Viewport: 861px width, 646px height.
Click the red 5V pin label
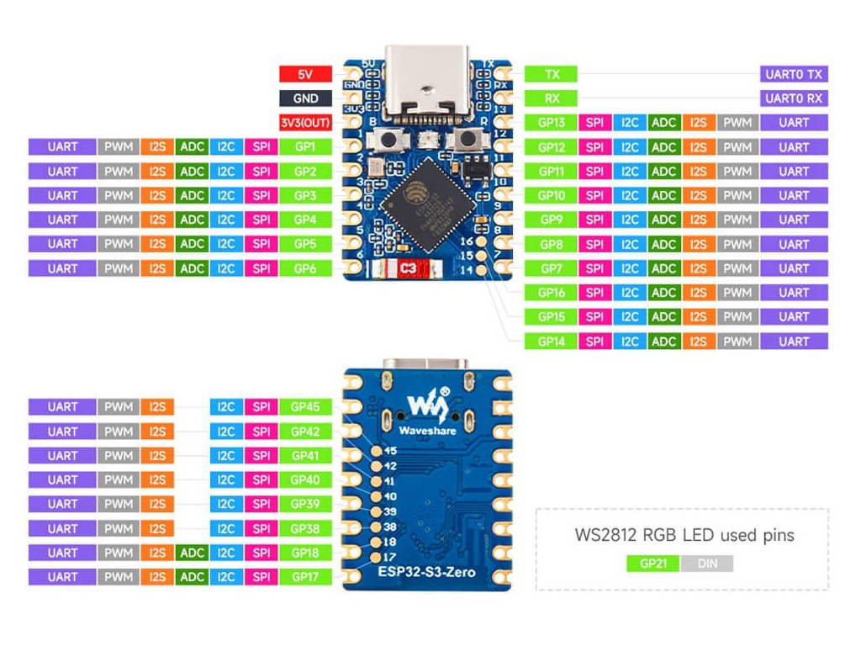(304, 74)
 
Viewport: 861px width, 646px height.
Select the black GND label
(304, 98)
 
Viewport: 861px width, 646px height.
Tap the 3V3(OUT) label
(304, 123)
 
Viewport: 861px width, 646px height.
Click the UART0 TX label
(794, 74)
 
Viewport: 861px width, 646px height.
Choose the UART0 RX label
(794, 98)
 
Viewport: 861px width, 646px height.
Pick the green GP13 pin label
(552, 123)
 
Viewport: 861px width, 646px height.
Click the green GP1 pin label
(304, 147)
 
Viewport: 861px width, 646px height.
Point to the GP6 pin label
(304, 269)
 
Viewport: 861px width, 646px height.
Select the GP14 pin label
(552, 342)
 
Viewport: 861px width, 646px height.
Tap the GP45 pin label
(304, 407)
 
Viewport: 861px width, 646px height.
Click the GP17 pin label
(304, 577)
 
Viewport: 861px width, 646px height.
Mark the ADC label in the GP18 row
(193, 553)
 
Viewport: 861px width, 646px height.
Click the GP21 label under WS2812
(653, 564)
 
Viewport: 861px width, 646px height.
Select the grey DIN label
(707, 564)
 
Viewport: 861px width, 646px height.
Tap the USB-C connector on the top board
(428, 82)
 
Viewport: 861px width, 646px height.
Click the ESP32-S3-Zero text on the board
(427, 573)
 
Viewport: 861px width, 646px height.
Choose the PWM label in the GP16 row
(737, 294)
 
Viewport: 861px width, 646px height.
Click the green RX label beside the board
(552, 98)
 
